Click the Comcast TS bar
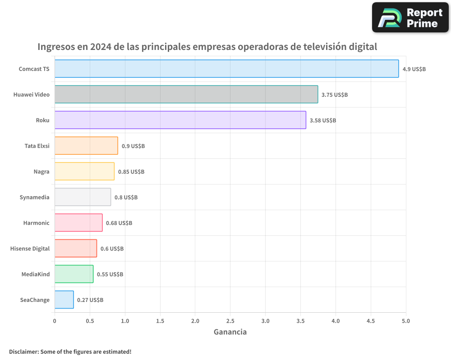226,69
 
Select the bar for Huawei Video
186,94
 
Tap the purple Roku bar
180,120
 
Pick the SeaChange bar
64,300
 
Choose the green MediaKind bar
74,274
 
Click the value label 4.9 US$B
414,69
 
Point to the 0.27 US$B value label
90,300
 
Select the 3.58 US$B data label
323,121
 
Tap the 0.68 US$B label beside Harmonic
119,223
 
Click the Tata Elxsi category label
37,146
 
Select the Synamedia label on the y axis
35,197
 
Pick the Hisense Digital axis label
30,248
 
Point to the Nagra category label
41,171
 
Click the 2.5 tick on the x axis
230,321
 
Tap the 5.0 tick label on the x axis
406,321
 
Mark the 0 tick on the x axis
55,321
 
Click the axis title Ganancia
230,332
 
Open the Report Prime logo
410,18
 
